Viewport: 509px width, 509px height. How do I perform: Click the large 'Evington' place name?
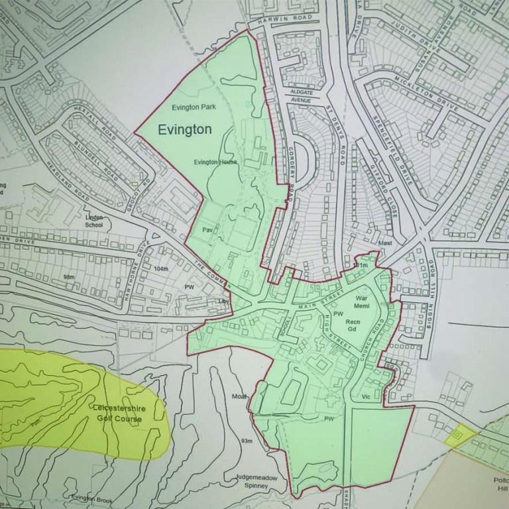pos(185,130)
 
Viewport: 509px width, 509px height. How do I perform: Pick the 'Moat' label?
pos(239,396)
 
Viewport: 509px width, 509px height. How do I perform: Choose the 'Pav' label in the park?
pos(207,229)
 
